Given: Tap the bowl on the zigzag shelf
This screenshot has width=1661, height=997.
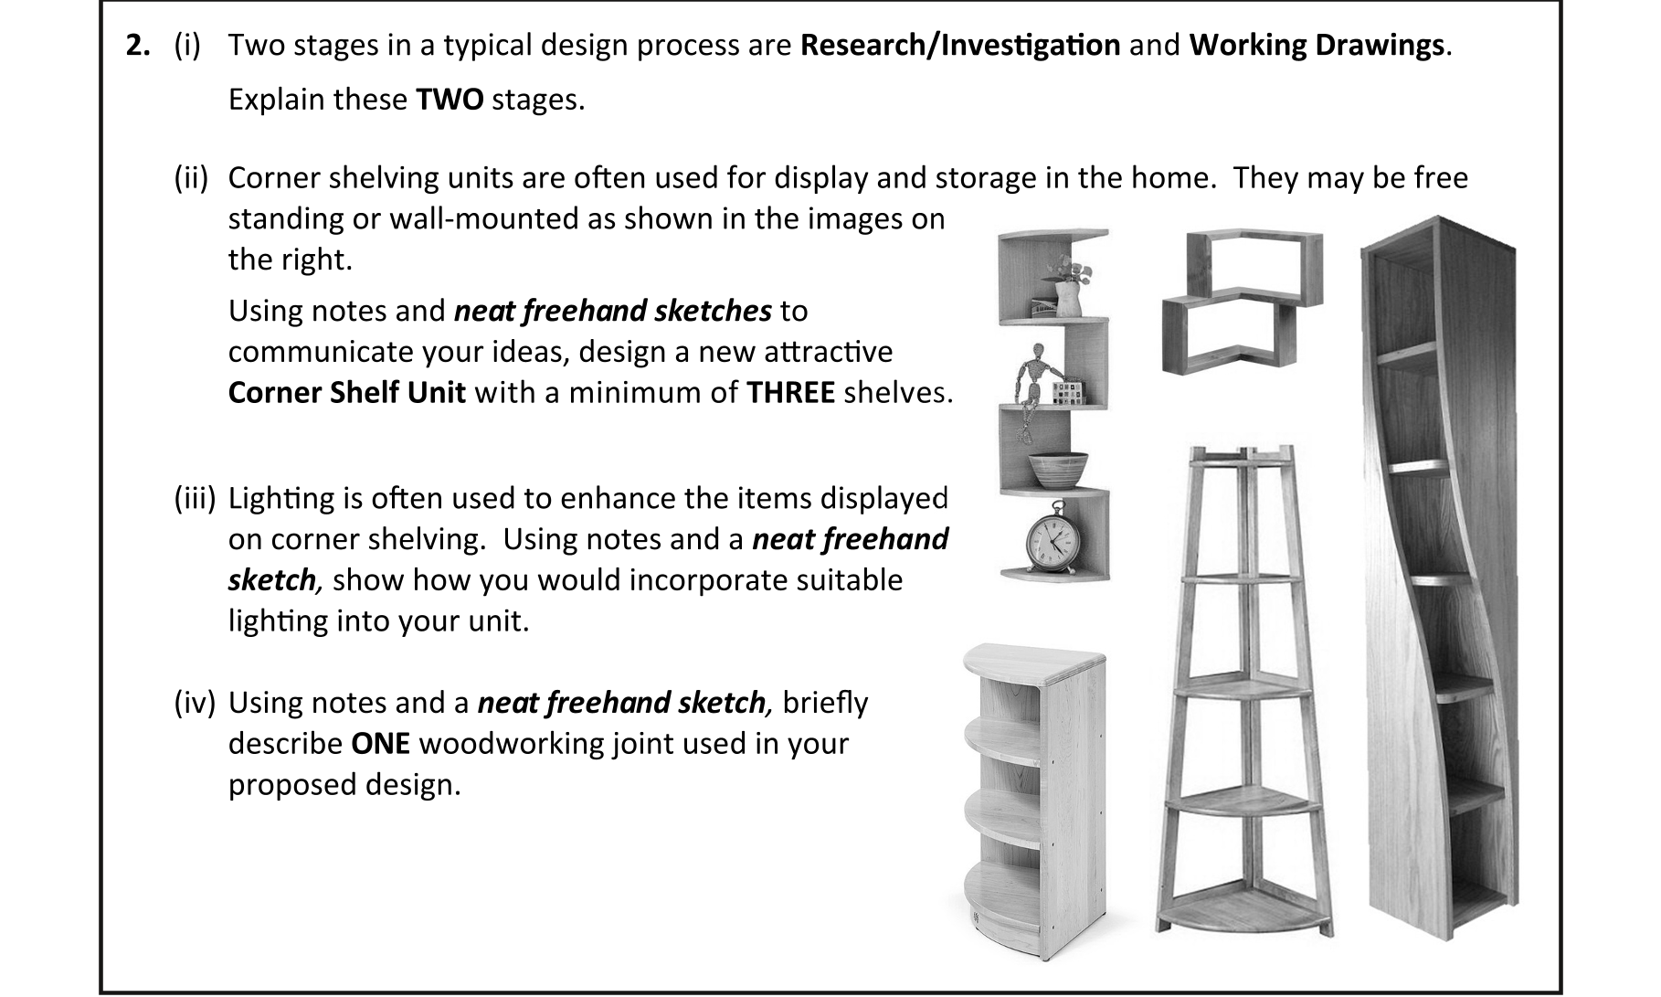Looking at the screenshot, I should coord(1058,469).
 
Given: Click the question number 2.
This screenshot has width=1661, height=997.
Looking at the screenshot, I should coord(139,46).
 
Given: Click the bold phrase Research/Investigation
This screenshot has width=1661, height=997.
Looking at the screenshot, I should coord(960,46).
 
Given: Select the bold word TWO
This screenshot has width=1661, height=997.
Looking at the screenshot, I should coord(450,99).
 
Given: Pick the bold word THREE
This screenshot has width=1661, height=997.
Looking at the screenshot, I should coord(790,393).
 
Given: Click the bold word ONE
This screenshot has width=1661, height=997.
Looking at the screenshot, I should coord(380,744).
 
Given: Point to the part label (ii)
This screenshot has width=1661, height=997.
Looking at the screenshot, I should coord(192,177).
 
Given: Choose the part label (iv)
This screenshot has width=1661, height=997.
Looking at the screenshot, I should coord(195,703).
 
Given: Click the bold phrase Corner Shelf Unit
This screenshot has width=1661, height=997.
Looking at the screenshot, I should coord(347,393).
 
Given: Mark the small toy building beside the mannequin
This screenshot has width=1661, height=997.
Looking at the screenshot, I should coord(1064,394).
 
